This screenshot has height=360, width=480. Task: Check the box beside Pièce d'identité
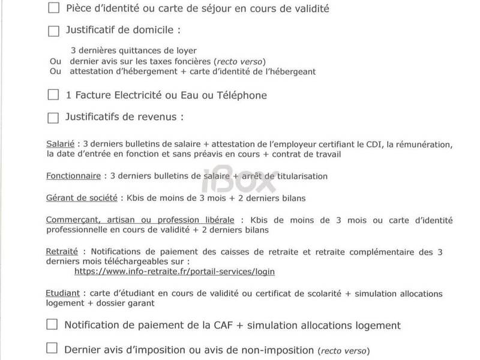(53, 8)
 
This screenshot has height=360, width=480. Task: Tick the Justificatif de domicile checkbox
(53, 30)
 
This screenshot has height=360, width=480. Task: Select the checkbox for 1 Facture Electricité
(53, 95)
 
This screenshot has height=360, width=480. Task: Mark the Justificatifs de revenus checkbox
(53, 117)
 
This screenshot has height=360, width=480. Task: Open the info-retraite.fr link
(174, 271)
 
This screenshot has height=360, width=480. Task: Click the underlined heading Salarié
(60, 145)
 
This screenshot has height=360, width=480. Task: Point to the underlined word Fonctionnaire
(72, 176)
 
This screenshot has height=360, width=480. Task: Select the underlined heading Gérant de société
(82, 198)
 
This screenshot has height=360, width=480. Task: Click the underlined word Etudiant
(63, 294)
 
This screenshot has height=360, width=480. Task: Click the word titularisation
(298, 176)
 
